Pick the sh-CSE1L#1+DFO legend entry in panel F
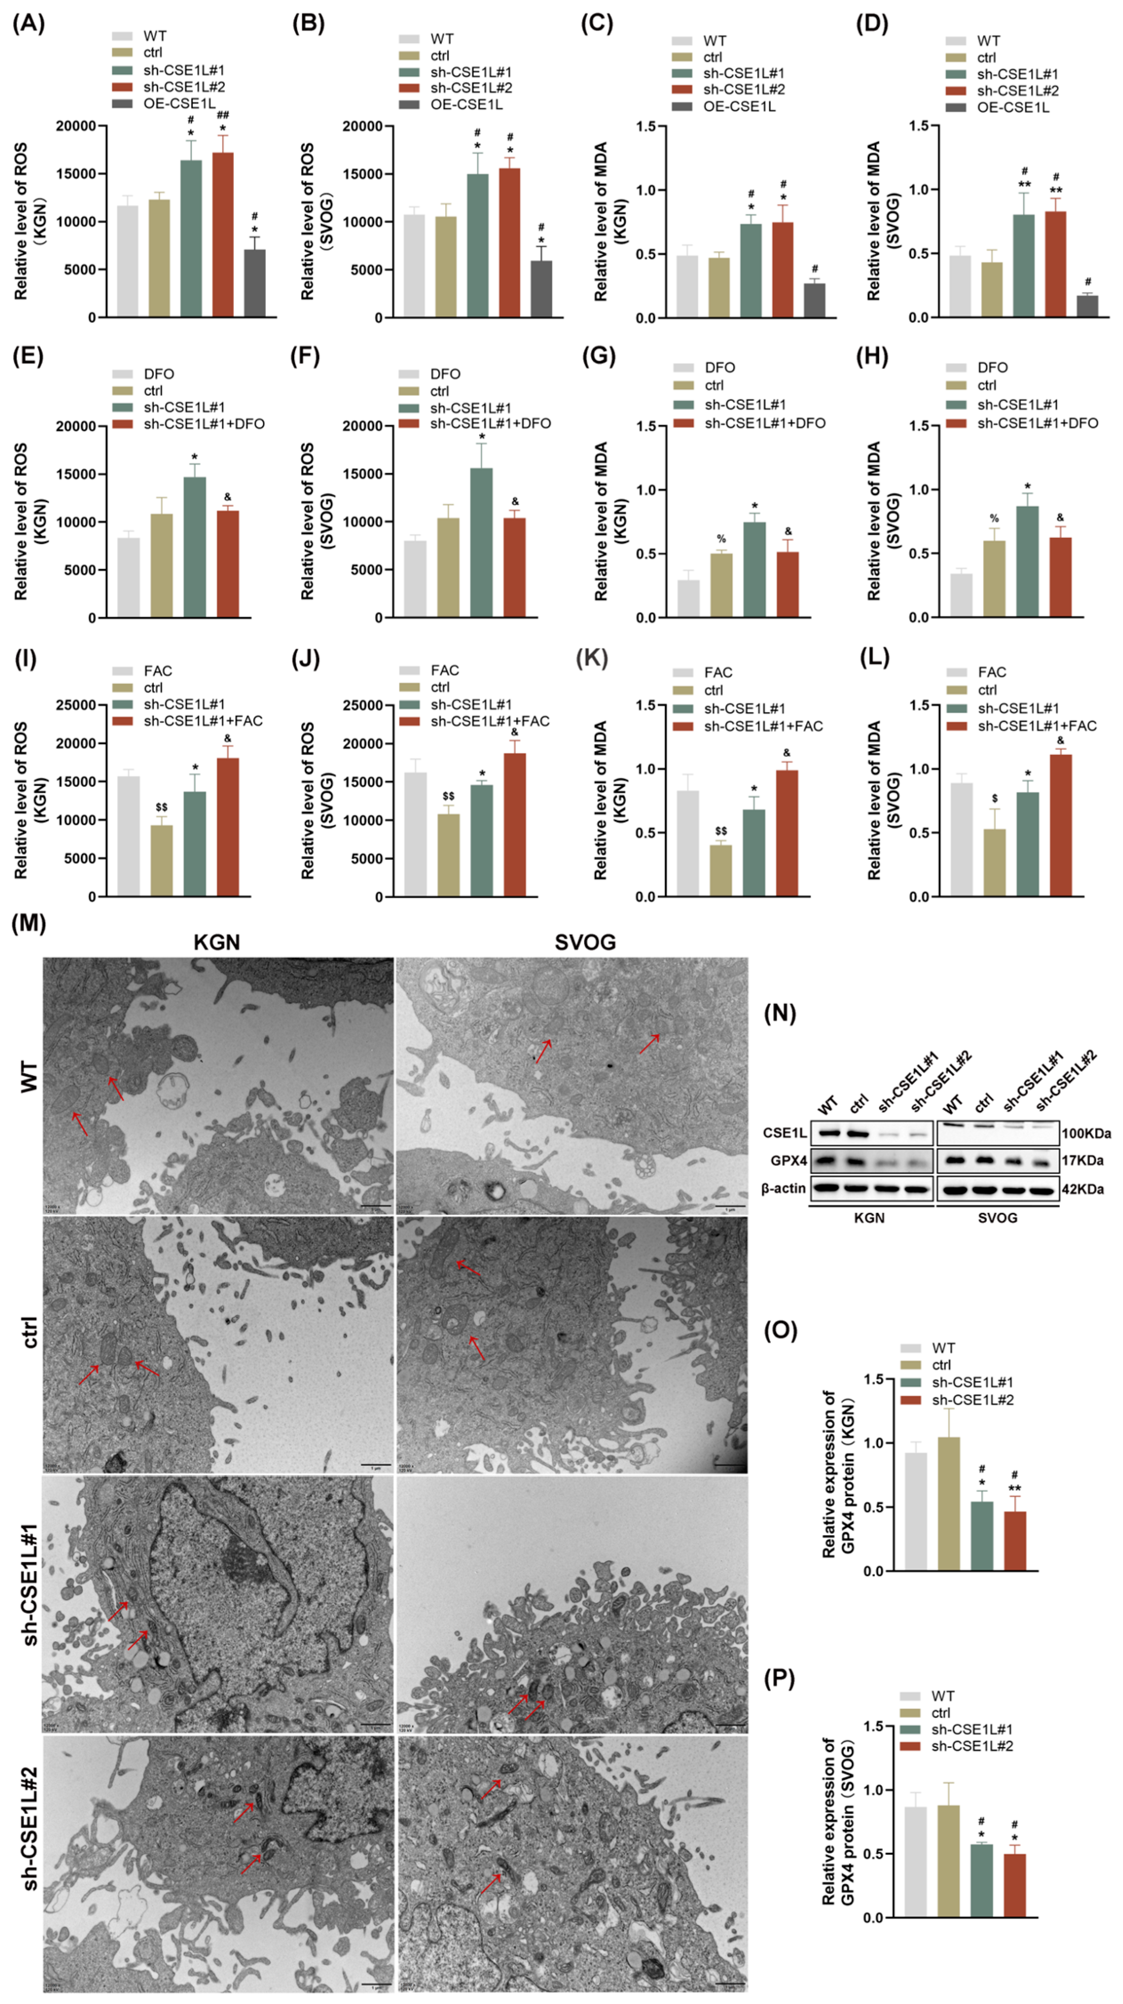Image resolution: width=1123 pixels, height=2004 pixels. [x=490, y=424]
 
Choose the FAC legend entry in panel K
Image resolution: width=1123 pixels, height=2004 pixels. [x=718, y=672]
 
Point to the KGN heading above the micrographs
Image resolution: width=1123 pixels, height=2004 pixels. [x=217, y=942]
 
